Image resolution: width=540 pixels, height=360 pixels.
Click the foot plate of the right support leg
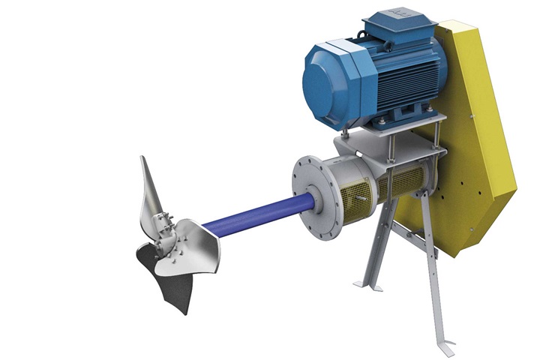(446, 349)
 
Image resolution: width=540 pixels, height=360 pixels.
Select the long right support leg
(435, 277)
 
